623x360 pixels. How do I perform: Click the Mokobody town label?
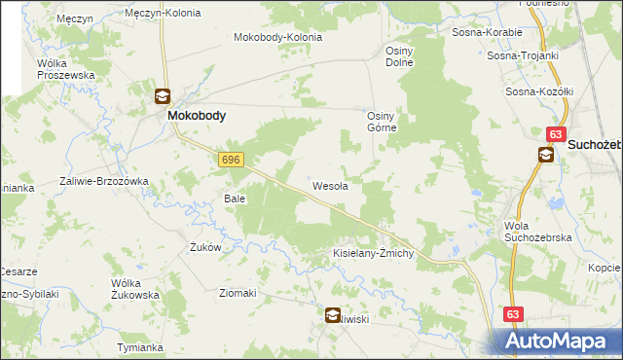(197, 115)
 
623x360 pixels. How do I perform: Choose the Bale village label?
(235, 198)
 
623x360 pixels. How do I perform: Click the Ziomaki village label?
(238, 293)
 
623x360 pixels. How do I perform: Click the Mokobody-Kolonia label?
(277, 38)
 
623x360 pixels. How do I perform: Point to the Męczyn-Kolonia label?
(164, 14)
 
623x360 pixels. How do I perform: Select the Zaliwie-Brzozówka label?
(103, 181)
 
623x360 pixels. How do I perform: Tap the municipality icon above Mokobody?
(163, 96)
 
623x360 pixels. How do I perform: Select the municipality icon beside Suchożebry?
(547, 154)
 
